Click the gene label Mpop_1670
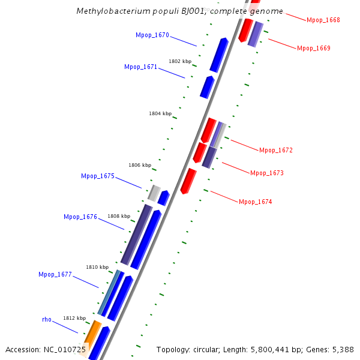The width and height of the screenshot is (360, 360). [152, 35]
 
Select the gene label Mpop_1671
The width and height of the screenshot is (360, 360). [140, 67]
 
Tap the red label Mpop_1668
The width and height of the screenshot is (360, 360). [323, 20]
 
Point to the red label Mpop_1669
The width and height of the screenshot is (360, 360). [313, 48]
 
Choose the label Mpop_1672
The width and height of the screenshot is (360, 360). [275, 150]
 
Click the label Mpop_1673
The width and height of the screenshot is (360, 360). [266, 173]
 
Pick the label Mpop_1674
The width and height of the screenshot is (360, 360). [255, 202]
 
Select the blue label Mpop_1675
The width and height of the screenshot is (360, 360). [97, 176]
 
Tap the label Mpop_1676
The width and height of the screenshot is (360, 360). [80, 217]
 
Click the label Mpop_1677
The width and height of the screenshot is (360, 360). [55, 275]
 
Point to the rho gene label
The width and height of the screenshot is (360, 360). [46, 320]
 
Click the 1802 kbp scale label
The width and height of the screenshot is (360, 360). [179, 61]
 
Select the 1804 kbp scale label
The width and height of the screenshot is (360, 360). [160, 113]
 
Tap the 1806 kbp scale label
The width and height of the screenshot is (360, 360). [139, 165]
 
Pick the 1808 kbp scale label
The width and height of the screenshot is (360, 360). [118, 216]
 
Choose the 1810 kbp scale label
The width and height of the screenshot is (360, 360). [97, 267]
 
